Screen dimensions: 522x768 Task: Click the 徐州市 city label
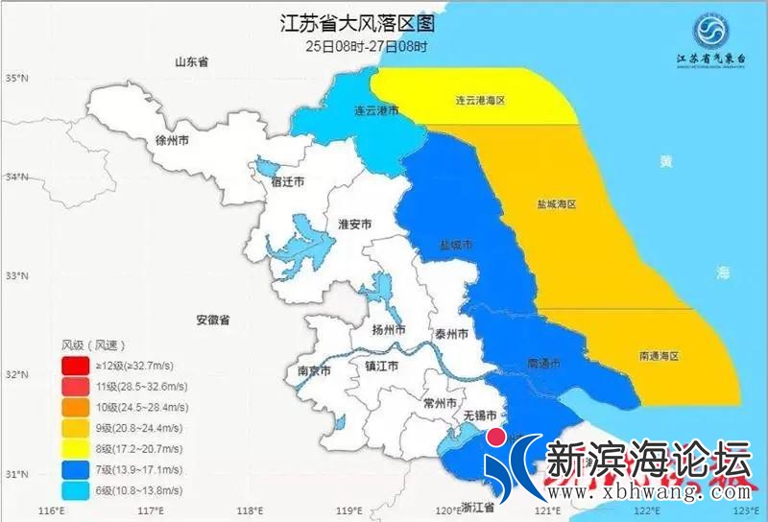(x=172, y=140)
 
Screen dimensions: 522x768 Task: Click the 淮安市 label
(x=355, y=225)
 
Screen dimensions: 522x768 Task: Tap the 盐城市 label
(x=455, y=245)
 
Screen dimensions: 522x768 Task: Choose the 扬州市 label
(x=389, y=330)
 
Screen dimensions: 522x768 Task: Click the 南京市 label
(x=314, y=370)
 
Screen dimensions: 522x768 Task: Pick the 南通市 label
(x=544, y=365)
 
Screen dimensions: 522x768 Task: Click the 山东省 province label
(x=191, y=62)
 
